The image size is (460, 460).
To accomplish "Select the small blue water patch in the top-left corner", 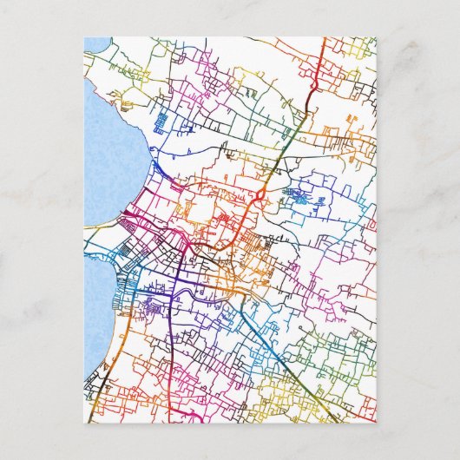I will tap(95, 43).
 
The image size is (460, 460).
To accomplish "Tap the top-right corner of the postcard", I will tap(376, 37).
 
